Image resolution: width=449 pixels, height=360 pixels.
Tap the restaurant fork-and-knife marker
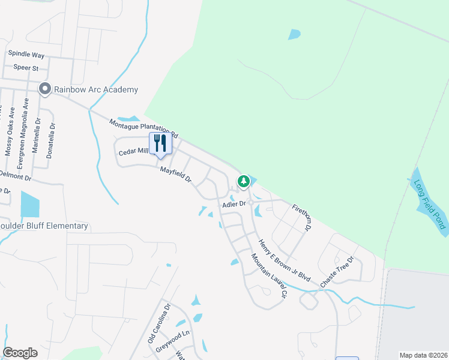pos(160,143)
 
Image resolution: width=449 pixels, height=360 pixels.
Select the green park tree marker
pos(243,181)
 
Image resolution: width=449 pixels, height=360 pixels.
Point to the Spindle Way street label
pos(26,55)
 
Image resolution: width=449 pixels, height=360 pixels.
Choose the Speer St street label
pos(27,68)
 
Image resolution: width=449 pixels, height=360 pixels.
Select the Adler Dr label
pos(234,204)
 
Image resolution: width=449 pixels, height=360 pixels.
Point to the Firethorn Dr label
pos(303,218)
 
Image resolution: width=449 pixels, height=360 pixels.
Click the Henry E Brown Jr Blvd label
pos(284,261)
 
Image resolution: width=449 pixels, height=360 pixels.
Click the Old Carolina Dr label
pos(159,324)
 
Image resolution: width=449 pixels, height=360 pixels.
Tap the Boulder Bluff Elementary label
pos(44,226)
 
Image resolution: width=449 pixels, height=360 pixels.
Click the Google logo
pos(20,352)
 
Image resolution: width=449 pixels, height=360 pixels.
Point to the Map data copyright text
pos(423,355)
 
